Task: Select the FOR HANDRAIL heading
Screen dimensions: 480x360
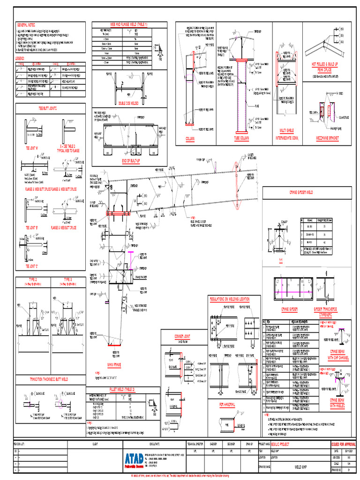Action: [x=229, y=404]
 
